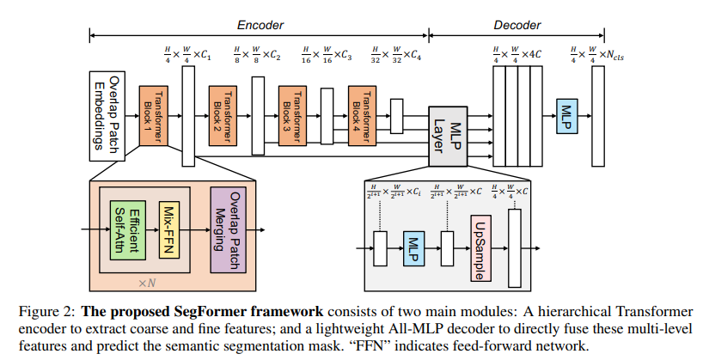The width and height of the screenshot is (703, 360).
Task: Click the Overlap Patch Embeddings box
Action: click(x=103, y=116)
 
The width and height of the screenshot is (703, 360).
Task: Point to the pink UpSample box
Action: click(x=480, y=248)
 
